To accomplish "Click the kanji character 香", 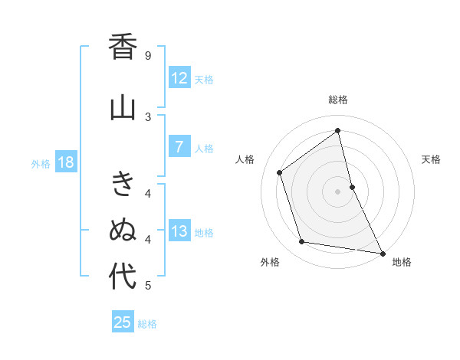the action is (x=123, y=47).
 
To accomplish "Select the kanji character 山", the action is (x=123, y=108).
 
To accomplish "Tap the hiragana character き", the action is (x=123, y=185).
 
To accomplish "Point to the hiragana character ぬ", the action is (x=123, y=230).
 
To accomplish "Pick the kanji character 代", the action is (x=123, y=277).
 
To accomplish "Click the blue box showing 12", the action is (x=179, y=78).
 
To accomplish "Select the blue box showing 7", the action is (x=179, y=147).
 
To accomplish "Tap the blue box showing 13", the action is (x=179, y=231).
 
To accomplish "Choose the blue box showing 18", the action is (x=65, y=162).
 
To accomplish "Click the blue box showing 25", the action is (x=123, y=322).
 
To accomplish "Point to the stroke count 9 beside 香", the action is (x=148, y=55).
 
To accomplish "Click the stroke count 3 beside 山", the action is (x=148, y=116).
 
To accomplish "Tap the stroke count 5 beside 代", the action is (x=148, y=286).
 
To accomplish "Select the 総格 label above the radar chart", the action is (x=338, y=100).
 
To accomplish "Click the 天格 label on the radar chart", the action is (x=431, y=159).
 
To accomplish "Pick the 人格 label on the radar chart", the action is (x=245, y=159).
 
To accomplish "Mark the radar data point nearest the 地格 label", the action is (x=382, y=253).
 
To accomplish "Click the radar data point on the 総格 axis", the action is (x=338, y=130).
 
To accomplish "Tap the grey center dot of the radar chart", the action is (x=338, y=191).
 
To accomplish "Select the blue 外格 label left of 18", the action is (x=41, y=163).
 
